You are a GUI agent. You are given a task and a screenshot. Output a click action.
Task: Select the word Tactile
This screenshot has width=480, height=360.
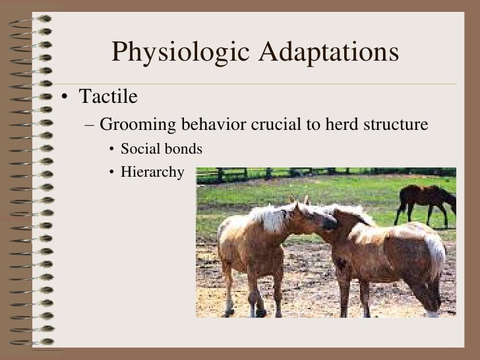click(x=108, y=98)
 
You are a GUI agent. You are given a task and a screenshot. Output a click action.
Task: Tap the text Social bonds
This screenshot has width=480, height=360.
click(x=162, y=150)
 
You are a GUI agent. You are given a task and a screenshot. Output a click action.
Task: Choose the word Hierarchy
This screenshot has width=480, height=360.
click(x=152, y=173)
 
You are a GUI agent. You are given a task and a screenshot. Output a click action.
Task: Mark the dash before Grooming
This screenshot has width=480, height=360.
click(x=90, y=125)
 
